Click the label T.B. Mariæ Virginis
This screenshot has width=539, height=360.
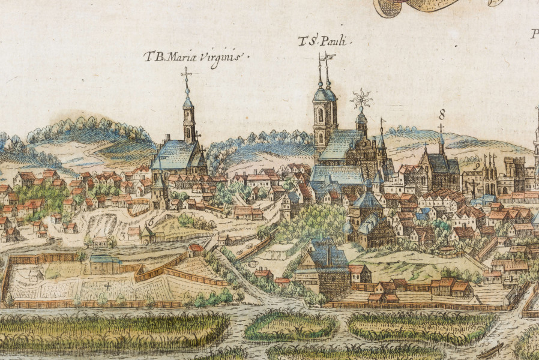(x=196, y=58)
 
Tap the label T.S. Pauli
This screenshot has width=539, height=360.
(x=324, y=41)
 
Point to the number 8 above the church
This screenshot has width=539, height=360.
(x=442, y=113)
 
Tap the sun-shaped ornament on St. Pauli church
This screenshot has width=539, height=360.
(x=361, y=98)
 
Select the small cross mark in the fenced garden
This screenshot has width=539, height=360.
(x=108, y=286)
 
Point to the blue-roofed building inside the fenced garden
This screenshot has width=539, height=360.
(x=105, y=264)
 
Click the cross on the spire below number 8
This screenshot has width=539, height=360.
(x=441, y=128)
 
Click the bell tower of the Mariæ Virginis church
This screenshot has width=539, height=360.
(x=188, y=120)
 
